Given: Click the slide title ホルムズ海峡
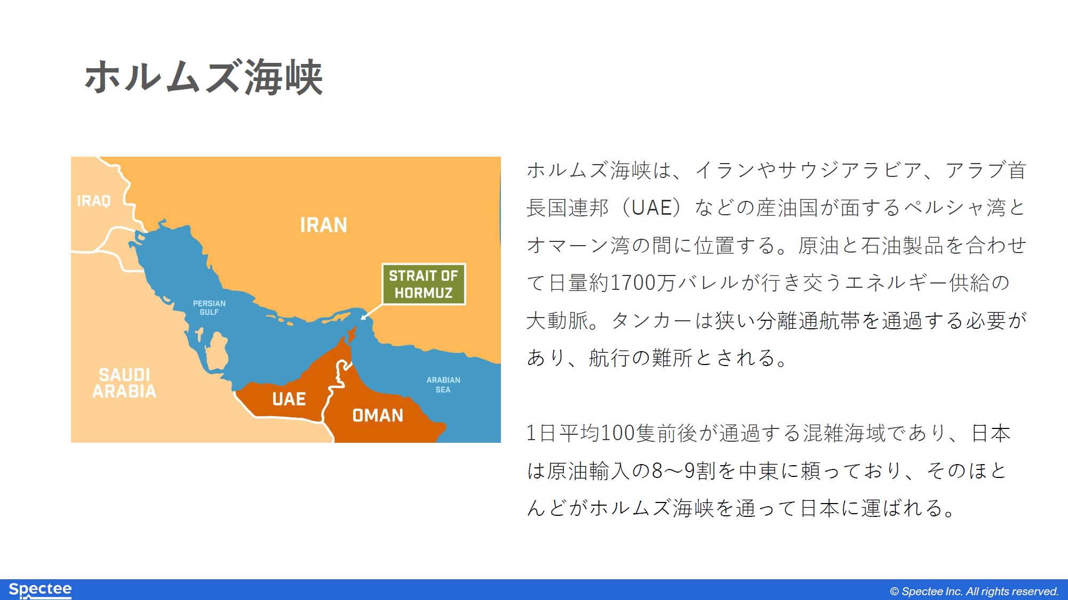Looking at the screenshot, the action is pyautogui.click(x=203, y=77).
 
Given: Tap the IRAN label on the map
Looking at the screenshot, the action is pyautogui.click(x=323, y=225).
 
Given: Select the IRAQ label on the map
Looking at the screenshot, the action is pyautogui.click(x=94, y=201).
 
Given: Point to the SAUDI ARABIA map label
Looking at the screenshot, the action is pyautogui.click(x=124, y=383).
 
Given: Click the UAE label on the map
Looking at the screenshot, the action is pyautogui.click(x=289, y=399).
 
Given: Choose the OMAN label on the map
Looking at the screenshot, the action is pyautogui.click(x=378, y=415).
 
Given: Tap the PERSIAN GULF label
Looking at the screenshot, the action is pyautogui.click(x=209, y=307).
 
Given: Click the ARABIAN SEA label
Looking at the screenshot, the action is pyautogui.click(x=443, y=385).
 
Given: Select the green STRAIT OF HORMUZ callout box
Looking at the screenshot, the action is pyautogui.click(x=424, y=284).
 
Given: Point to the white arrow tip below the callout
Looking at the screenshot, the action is pyautogui.click(x=362, y=319).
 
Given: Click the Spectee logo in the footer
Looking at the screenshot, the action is pyautogui.click(x=40, y=589).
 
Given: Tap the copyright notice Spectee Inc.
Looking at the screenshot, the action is pyautogui.click(x=974, y=591).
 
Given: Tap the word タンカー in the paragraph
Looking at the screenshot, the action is pyautogui.click(x=652, y=320).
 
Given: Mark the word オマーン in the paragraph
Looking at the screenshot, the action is pyautogui.click(x=568, y=245).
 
